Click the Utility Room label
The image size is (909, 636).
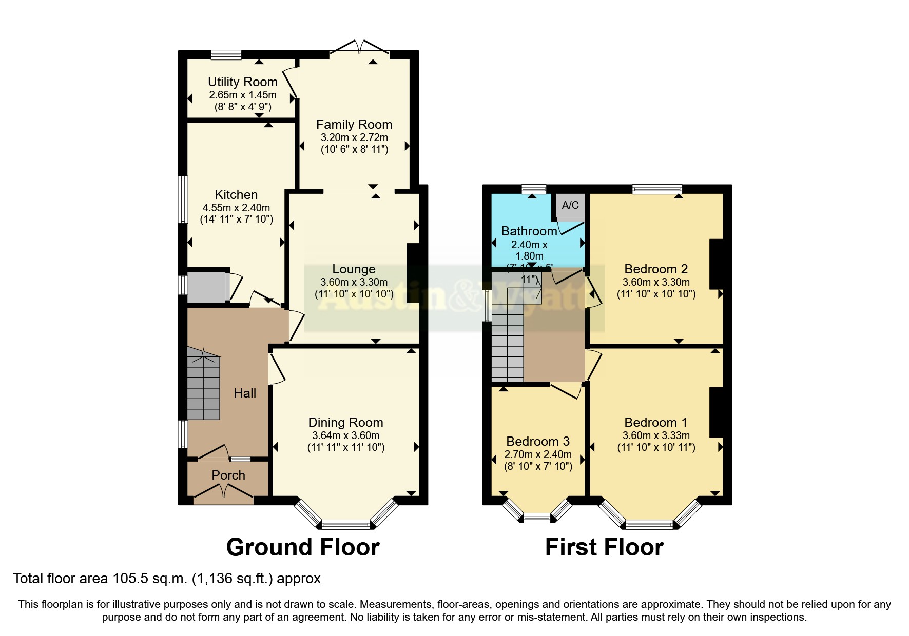click(242, 82)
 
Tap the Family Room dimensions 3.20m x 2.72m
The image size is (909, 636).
click(354, 137)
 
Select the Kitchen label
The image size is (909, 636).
click(236, 195)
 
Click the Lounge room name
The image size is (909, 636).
click(354, 269)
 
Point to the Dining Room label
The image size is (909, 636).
click(345, 423)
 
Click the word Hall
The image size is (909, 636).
click(245, 393)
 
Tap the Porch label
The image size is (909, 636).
click(228, 475)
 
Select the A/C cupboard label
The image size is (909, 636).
click(570, 205)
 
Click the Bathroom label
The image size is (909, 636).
click(529, 231)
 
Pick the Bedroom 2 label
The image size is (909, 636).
click(656, 269)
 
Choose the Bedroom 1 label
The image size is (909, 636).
click(656, 423)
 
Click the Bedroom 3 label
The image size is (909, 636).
click(538, 442)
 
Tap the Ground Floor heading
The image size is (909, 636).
click(303, 547)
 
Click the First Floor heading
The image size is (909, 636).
click(604, 547)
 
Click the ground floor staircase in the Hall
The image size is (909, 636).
click(203, 385)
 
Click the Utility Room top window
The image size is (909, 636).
click(226, 54)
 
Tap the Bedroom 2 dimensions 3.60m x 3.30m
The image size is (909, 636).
click(656, 282)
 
